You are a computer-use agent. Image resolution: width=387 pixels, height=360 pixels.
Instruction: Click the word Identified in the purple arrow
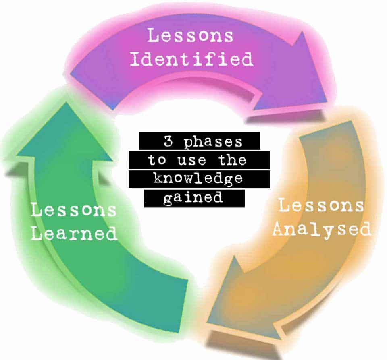(x=191, y=59)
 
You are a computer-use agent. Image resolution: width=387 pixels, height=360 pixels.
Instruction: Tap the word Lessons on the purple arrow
(x=190, y=35)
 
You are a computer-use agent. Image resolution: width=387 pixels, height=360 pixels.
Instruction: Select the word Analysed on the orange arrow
(x=321, y=230)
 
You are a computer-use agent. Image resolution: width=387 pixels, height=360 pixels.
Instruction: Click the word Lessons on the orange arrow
(x=321, y=205)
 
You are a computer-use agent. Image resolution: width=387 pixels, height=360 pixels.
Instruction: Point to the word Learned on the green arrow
(x=74, y=234)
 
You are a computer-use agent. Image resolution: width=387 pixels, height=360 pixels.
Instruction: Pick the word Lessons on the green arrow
(x=74, y=210)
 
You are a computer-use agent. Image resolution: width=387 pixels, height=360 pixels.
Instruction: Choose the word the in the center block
(x=232, y=160)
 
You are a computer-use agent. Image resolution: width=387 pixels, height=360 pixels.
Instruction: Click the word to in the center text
(x=158, y=160)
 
